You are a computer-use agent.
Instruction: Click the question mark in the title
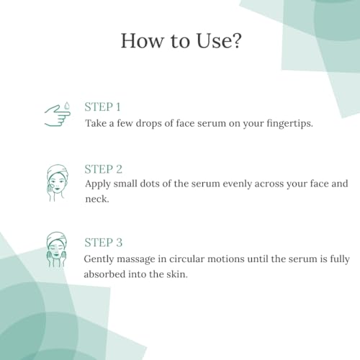(x=236, y=40)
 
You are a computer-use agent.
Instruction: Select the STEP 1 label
(x=102, y=107)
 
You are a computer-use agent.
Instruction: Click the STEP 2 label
(x=103, y=169)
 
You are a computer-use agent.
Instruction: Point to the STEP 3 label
(x=103, y=243)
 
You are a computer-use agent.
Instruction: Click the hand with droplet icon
(x=58, y=114)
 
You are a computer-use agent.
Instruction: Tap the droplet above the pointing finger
(x=67, y=106)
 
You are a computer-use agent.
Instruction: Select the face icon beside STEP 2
(x=57, y=183)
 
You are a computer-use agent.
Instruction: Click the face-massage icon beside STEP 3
(x=57, y=250)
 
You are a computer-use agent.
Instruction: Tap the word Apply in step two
(x=98, y=184)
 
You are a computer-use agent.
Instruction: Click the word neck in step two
(x=97, y=199)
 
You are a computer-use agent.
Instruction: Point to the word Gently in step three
(x=99, y=259)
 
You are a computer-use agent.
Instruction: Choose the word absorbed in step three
(x=104, y=274)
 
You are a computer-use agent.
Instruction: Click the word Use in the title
(x=214, y=40)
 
